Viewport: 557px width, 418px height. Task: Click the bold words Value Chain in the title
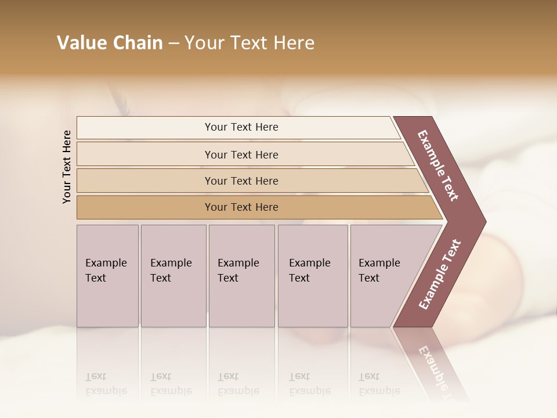(x=110, y=43)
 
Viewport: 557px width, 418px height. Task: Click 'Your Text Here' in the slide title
(x=249, y=43)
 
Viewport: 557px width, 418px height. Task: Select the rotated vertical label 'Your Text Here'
(x=67, y=167)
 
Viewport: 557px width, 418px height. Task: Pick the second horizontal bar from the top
(x=241, y=154)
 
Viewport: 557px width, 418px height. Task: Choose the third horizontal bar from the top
(x=241, y=181)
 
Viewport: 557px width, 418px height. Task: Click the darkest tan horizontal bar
(x=241, y=207)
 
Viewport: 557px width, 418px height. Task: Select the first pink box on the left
(x=107, y=276)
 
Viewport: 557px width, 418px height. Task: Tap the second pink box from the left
(x=173, y=276)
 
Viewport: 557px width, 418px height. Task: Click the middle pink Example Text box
(x=241, y=276)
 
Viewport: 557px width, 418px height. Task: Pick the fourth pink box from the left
(x=313, y=276)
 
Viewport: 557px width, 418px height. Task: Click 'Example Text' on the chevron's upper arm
(x=439, y=165)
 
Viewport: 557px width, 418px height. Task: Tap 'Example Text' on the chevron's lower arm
(x=440, y=274)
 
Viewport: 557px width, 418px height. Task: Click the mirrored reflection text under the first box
(x=106, y=384)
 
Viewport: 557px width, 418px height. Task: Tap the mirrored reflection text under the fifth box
(x=379, y=384)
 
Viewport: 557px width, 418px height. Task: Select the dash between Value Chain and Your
(x=173, y=44)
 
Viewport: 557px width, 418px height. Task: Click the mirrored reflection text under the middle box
(x=238, y=384)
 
